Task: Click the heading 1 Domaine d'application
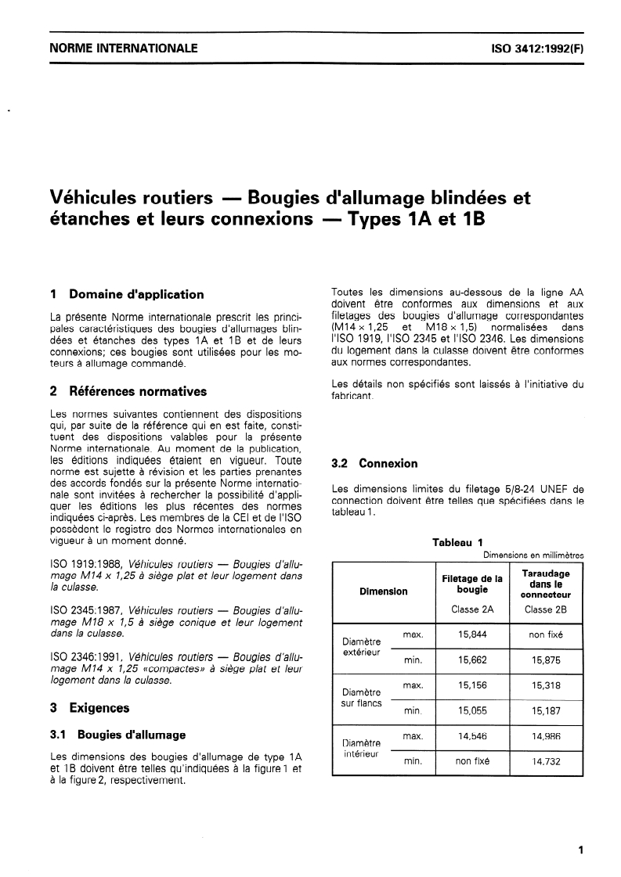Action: tap(126, 295)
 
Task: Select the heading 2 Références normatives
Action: tap(128, 391)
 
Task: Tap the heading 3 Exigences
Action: tap(89, 708)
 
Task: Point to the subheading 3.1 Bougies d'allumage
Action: tap(117, 735)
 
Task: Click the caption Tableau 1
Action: tap(458, 542)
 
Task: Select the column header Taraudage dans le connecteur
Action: tap(546, 584)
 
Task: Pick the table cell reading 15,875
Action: tap(546, 660)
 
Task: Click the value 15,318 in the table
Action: tap(546, 685)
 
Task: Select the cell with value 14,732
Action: tap(546, 761)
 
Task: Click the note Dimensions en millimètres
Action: tap(533, 555)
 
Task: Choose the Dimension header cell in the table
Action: tap(383, 591)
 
